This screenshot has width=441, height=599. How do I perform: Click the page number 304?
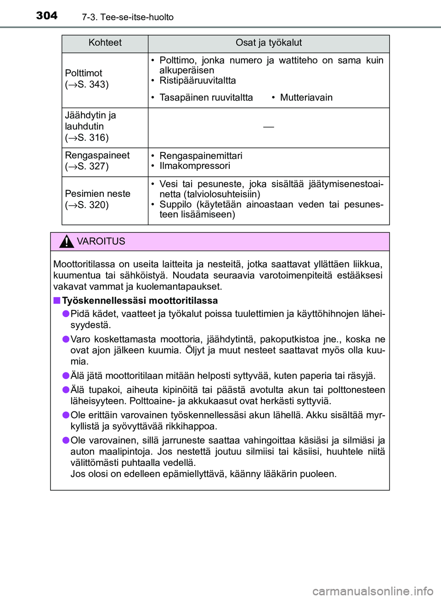click(47, 16)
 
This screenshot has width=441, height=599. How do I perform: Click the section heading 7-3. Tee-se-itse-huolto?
click(128, 17)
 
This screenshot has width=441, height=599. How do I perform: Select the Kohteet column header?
click(105, 43)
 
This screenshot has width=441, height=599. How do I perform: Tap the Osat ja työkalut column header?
click(268, 43)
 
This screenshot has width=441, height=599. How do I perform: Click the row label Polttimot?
click(84, 73)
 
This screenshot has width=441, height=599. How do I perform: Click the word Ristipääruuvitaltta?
click(198, 81)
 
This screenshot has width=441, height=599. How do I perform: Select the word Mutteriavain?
click(306, 97)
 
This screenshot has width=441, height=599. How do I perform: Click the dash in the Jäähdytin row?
click(269, 127)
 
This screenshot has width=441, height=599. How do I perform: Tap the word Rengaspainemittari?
click(201, 156)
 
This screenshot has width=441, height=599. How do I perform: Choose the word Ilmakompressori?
click(195, 166)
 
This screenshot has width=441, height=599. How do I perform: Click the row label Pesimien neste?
click(97, 194)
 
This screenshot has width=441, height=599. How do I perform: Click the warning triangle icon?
click(67, 241)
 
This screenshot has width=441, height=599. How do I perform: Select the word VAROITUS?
click(101, 241)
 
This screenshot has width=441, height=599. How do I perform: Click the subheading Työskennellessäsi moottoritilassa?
click(140, 301)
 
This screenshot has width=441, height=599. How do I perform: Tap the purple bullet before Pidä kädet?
click(66, 313)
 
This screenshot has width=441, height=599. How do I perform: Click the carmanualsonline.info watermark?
click(373, 591)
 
